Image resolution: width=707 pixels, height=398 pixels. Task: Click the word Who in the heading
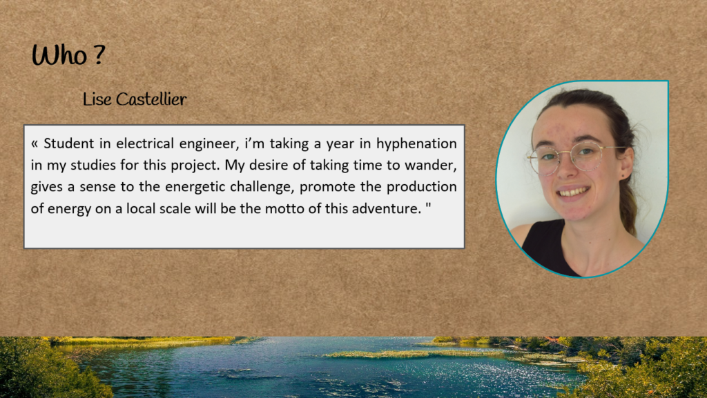59,55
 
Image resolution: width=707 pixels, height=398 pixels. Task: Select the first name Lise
97,99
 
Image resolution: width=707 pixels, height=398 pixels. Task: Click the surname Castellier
151,99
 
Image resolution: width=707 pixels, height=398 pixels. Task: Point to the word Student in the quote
70,143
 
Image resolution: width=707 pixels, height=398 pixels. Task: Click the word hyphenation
416,144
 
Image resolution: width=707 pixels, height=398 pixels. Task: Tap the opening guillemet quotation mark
35,145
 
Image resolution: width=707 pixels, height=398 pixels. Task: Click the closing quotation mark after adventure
428,205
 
